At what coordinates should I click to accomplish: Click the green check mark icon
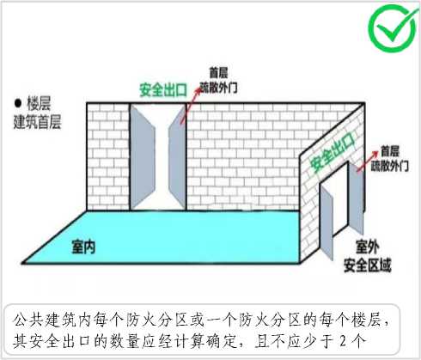[x=393, y=27]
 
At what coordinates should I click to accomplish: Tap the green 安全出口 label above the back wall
[x=163, y=90]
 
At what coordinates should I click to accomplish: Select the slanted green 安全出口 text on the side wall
[x=333, y=153]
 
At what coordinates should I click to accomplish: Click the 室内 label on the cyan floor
[x=83, y=247]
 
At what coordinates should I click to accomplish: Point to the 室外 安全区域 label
[x=368, y=256]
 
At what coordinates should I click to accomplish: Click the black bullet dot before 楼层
[x=18, y=103]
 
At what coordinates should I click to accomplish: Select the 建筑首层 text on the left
[x=37, y=122]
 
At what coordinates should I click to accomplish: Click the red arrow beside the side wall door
[x=368, y=162]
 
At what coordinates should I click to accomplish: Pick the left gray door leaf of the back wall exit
[x=143, y=156]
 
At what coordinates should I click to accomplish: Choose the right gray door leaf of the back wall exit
[x=177, y=157]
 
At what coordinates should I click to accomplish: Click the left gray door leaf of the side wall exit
[x=326, y=222]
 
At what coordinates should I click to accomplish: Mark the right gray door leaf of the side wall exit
[x=356, y=198]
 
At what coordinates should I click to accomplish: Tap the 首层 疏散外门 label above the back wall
[x=218, y=80]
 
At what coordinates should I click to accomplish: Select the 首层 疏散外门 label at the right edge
[x=390, y=158]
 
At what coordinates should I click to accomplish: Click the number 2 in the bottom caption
[x=343, y=341]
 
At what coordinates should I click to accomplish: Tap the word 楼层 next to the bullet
[x=39, y=103]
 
